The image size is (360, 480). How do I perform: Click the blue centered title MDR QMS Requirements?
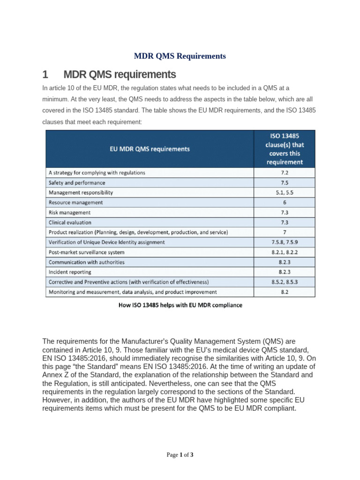tap(180, 56)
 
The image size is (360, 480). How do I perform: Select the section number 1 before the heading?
tap(45, 75)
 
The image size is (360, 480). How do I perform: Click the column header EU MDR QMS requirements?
tap(150, 149)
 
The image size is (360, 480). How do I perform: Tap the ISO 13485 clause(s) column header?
tap(284, 149)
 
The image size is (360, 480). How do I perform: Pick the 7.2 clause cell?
tap(284, 172)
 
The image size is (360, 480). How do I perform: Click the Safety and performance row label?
tap(77, 182)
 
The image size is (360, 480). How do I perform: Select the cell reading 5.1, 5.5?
tap(284, 192)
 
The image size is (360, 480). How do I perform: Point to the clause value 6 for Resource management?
tap(284, 202)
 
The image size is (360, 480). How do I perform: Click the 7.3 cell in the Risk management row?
tap(284, 212)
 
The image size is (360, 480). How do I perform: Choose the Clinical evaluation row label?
tap(70, 222)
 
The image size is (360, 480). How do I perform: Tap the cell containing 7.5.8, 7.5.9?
tap(284, 242)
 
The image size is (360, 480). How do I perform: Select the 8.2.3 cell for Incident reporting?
tap(284, 272)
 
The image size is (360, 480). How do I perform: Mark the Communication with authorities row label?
tap(87, 262)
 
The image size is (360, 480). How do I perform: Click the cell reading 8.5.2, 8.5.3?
tap(284, 282)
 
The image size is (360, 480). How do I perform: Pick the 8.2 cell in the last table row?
tap(284, 292)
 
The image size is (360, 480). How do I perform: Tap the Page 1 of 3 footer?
tap(180, 455)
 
